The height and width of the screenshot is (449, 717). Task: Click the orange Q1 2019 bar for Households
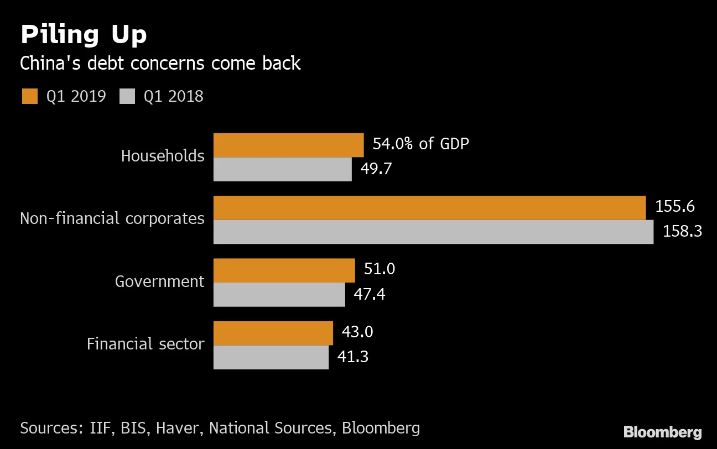(x=288, y=145)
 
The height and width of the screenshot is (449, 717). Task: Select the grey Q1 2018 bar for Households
(x=282, y=169)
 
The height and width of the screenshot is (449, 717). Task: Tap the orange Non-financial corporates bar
(x=429, y=207)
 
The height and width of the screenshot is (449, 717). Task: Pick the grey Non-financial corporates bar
(x=433, y=232)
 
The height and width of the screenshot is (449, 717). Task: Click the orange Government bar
(x=284, y=270)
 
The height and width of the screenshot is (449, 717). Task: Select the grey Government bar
(x=279, y=295)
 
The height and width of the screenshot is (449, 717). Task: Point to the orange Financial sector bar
(x=273, y=333)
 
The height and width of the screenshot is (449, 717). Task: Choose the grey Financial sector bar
(x=271, y=357)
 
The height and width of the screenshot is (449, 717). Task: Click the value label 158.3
(x=682, y=231)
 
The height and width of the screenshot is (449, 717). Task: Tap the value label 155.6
(x=675, y=207)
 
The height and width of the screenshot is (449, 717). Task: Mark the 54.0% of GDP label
(x=420, y=144)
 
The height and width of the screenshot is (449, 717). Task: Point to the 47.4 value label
(x=370, y=294)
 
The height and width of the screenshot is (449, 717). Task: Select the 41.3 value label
(x=353, y=357)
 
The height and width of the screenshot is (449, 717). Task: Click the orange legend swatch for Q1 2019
(x=29, y=96)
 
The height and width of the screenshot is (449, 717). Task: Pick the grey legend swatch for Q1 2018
(x=127, y=96)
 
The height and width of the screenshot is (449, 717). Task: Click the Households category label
(x=163, y=156)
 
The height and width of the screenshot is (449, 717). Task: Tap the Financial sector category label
(x=146, y=344)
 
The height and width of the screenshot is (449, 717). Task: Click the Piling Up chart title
(x=84, y=35)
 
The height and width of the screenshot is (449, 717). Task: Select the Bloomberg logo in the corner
(x=662, y=432)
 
